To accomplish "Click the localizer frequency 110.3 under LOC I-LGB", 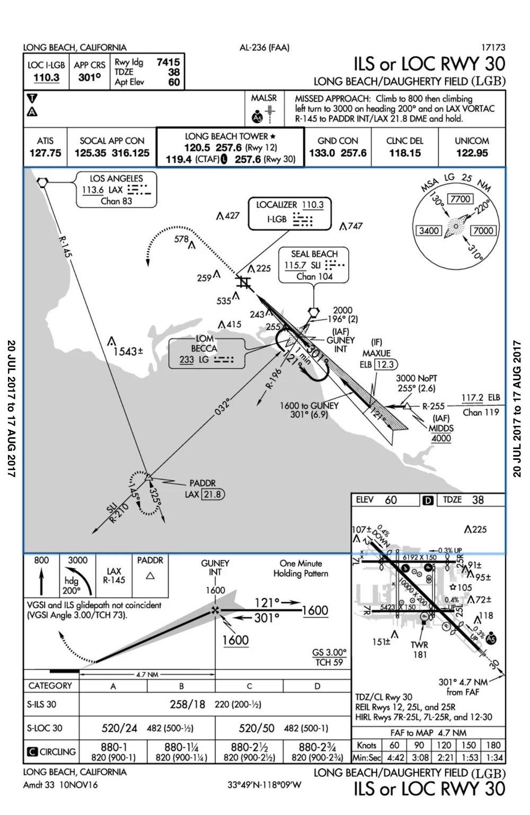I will (46, 78).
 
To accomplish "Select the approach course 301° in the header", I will (90, 78).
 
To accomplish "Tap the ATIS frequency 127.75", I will (45, 153).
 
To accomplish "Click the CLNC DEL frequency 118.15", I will (404, 153).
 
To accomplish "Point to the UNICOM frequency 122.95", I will (472, 153).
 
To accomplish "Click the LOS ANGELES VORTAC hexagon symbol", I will (42, 182).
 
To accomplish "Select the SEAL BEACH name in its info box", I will (314, 254).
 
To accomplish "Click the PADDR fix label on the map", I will (202, 484).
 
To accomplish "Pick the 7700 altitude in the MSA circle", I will (460, 199).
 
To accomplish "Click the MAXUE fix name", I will (376, 353).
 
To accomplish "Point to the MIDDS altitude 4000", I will (441, 439).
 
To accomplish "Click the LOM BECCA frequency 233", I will (187, 360).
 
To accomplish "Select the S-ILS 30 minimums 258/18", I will (187, 704).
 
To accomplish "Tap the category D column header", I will (317, 686).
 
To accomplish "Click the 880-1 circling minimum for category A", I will (113, 747).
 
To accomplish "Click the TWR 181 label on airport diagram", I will (419, 650).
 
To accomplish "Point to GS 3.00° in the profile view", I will (329, 652).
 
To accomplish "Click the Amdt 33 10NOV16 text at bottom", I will (60, 785).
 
